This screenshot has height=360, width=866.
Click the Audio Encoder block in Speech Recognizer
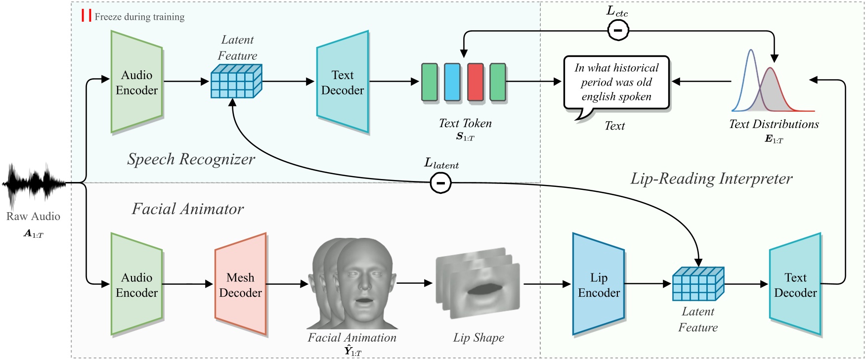pyautogui.click(x=137, y=83)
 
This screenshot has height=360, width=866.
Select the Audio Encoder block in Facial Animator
pyautogui.click(x=137, y=285)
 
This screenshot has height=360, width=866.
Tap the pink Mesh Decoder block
pyautogui.click(x=241, y=285)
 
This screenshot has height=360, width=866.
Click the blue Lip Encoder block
pyautogui.click(x=599, y=285)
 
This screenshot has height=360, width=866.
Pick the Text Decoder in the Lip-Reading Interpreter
pyautogui.click(x=795, y=285)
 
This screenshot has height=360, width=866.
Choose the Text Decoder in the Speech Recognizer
pyautogui.click(x=343, y=83)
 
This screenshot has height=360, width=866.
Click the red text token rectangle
pyautogui.click(x=476, y=82)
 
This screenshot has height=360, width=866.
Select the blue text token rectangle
pyautogui.click(x=452, y=82)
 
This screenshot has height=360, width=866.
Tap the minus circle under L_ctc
pyautogui.click(x=618, y=31)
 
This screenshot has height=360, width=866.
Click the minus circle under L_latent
pyautogui.click(x=440, y=183)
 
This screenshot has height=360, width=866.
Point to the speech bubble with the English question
pyautogui.click(x=616, y=83)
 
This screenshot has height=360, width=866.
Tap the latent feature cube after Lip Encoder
pyautogui.click(x=698, y=284)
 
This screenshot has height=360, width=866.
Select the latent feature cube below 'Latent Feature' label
pyautogui.click(x=236, y=81)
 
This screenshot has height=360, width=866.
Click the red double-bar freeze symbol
pyautogui.click(x=87, y=15)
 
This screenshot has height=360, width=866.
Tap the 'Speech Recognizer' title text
pyautogui.click(x=191, y=159)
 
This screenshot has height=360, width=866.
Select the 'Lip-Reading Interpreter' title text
pyautogui.click(x=711, y=179)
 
